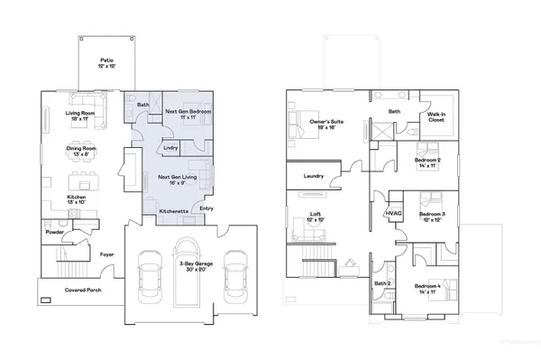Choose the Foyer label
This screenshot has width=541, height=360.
click(106, 254)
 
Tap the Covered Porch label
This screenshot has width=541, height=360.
click(81, 291)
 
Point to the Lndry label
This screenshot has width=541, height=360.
click(170, 147)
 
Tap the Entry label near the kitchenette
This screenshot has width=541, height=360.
click(206, 208)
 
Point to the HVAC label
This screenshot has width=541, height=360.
click(393, 214)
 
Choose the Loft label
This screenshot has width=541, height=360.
click(316, 216)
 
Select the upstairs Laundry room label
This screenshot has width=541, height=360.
click(314, 176)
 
